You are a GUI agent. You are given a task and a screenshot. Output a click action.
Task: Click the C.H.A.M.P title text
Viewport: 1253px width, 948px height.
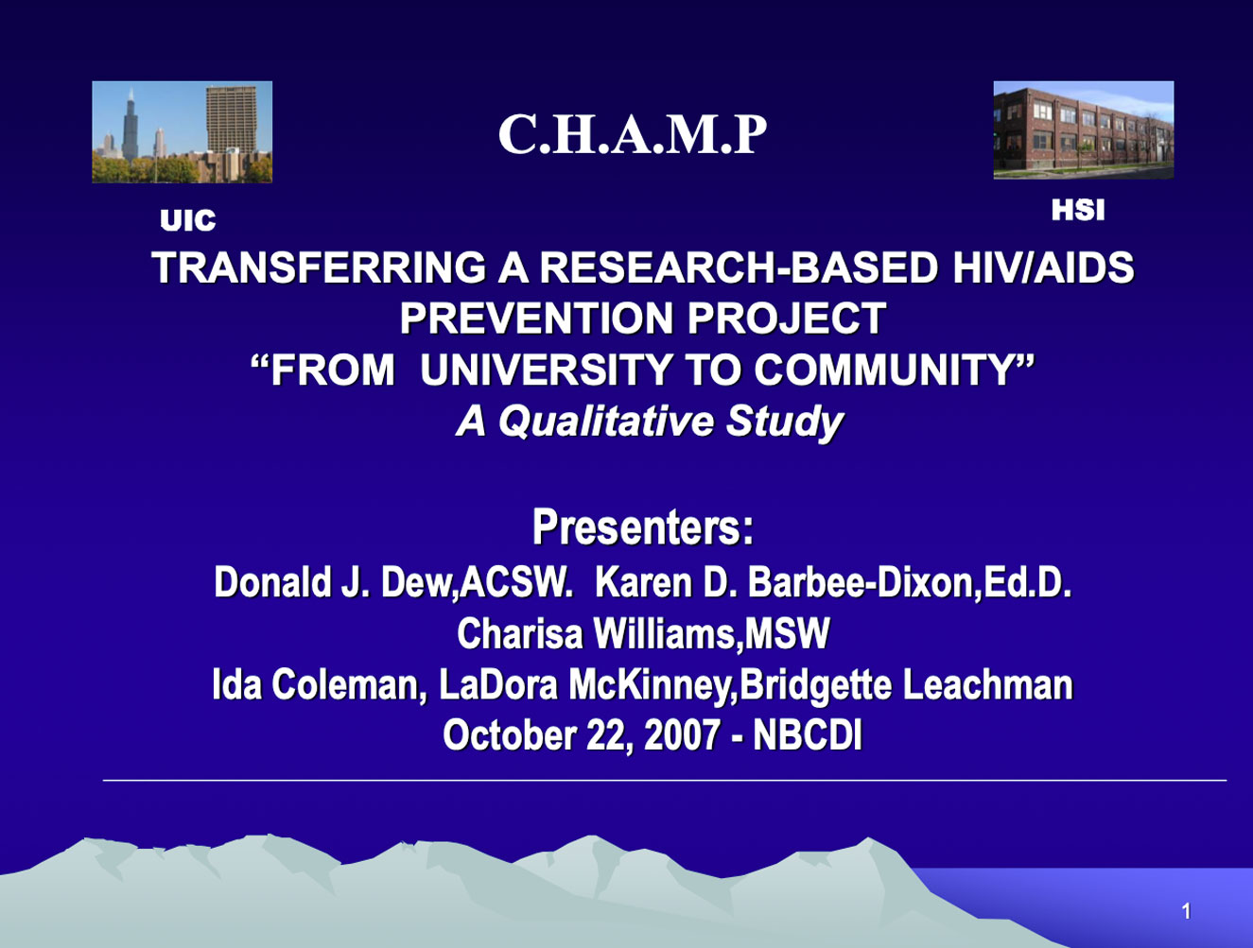tap(633, 134)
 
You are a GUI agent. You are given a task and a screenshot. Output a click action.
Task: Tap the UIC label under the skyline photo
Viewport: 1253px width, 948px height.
tap(188, 220)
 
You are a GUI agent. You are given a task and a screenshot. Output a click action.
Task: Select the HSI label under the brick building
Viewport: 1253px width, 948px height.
tap(1078, 210)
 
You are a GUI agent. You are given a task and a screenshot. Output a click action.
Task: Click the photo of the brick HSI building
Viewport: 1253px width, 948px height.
tap(1084, 130)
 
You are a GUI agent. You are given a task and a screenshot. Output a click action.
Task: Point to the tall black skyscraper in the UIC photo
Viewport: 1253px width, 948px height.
tap(131, 126)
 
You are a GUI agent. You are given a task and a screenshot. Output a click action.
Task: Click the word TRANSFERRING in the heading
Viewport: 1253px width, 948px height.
tap(319, 267)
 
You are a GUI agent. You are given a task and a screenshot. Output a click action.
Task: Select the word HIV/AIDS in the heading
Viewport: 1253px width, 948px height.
tap(1043, 267)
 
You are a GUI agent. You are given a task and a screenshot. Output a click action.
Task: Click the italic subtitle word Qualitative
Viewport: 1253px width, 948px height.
tap(605, 422)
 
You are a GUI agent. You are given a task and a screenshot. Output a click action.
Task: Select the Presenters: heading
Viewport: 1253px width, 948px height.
tap(643, 527)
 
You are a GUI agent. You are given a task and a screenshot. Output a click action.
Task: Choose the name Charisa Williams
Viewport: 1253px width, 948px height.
tap(595, 633)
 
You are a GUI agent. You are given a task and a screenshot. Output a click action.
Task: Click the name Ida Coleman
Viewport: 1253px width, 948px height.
tap(319, 684)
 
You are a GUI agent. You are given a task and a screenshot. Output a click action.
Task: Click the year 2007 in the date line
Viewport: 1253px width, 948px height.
tap(681, 734)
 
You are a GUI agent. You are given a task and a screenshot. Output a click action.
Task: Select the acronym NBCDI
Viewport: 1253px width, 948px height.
tap(808, 734)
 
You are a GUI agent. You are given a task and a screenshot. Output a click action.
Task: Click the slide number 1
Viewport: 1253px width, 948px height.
tap(1187, 911)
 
